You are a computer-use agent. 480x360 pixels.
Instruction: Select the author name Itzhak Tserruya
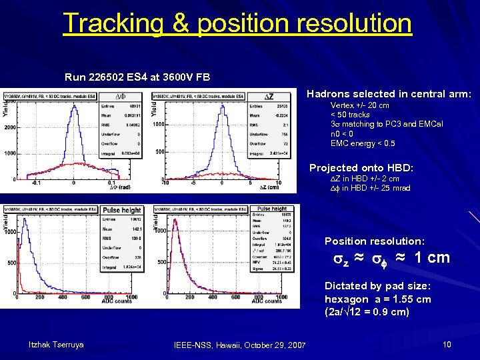point(56,344)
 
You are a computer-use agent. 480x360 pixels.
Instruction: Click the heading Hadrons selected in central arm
point(389,95)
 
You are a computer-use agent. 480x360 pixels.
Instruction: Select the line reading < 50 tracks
point(350,115)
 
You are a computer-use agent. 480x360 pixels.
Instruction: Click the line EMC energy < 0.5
point(363,143)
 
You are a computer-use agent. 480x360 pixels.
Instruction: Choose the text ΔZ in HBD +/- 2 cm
point(365,179)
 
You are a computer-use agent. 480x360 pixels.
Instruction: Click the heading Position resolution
point(374,241)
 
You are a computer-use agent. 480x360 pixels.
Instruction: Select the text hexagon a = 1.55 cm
point(377,299)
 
